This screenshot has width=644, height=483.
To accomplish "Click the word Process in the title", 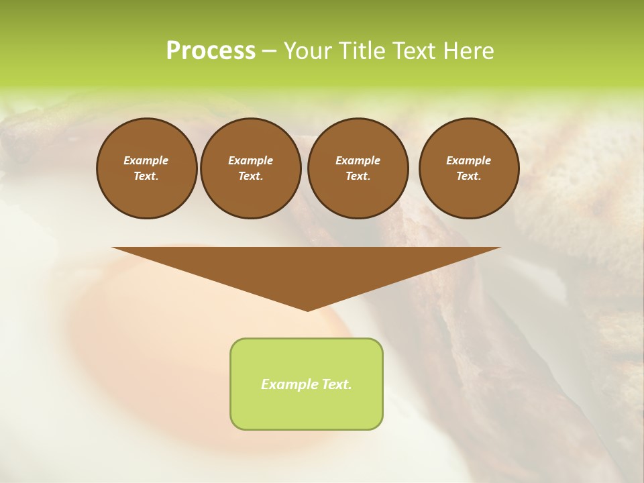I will coord(211,51).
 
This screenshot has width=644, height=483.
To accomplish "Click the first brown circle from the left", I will coord(146,168).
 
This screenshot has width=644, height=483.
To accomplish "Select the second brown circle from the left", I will coord(250,168).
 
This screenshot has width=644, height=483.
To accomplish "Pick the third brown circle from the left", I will coord(358,168).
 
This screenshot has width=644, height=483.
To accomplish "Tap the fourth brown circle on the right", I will coord(468,168).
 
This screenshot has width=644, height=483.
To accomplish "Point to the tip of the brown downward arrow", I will coord(307,309).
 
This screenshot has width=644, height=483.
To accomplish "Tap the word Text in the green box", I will coord(335,384).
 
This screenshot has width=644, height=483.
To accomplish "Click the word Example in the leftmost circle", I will coord(146,160).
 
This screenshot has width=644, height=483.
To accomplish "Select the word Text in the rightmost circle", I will coord(468,176).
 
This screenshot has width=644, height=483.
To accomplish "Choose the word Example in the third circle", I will coord(358,160).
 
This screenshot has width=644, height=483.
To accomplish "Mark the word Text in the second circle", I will coord(250,176).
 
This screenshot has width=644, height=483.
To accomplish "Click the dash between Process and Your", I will coord(269,52).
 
